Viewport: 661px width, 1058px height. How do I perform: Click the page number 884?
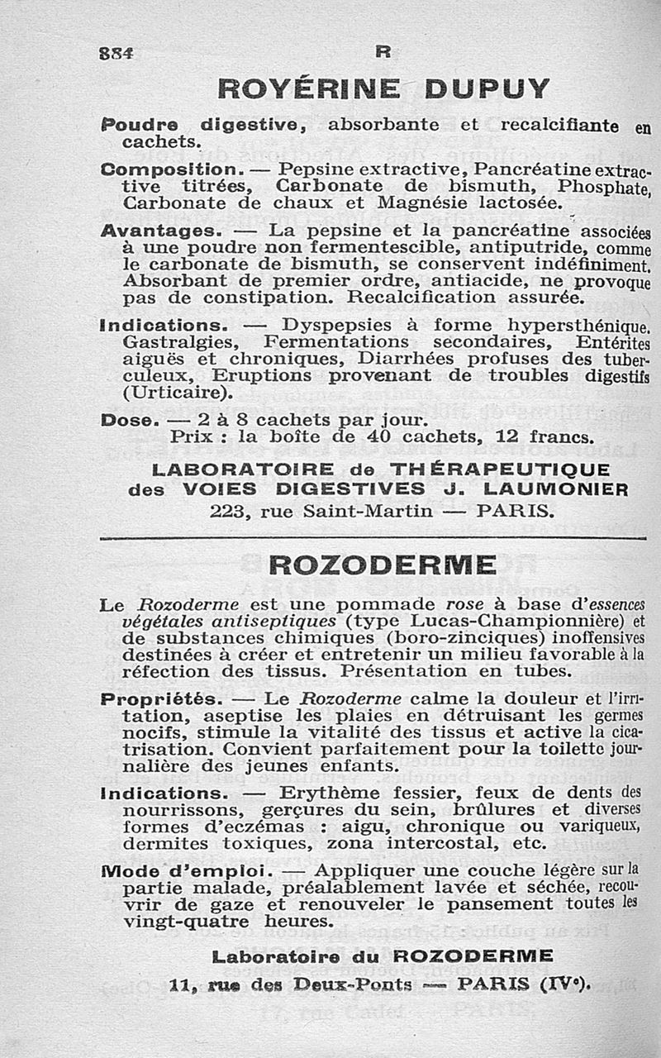(x=117, y=52)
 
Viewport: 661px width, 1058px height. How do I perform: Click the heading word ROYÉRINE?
(x=309, y=88)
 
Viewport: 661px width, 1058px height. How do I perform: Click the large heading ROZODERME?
(x=383, y=565)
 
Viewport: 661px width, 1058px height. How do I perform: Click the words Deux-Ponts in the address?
(x=344, y=984)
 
